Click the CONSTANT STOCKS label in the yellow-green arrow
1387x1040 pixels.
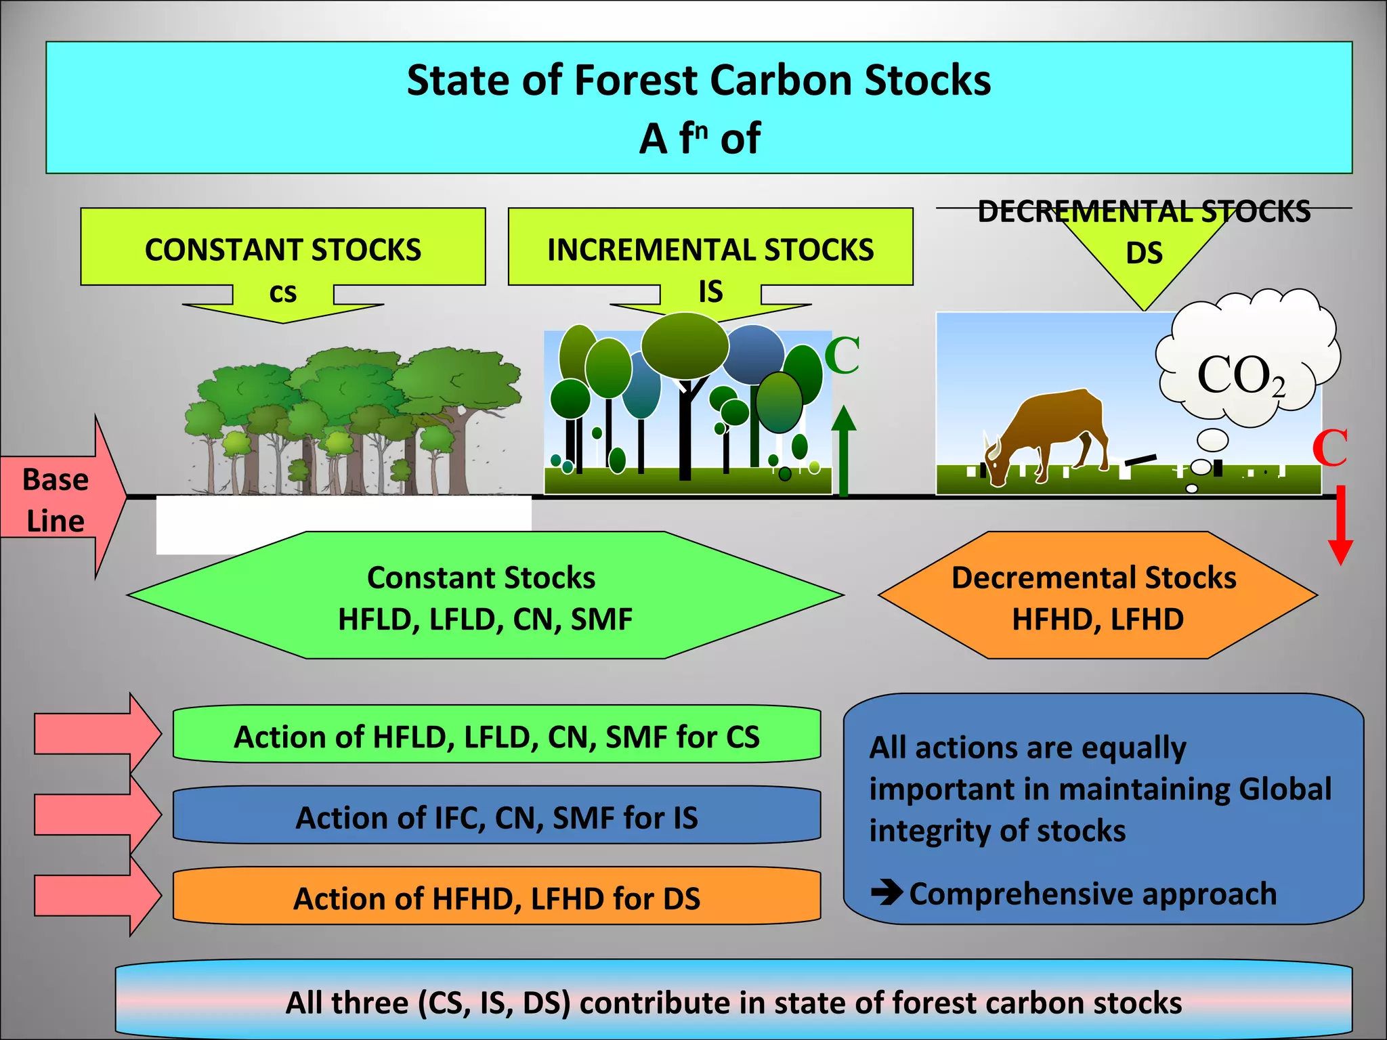pyautogui.click(x=282, y=250)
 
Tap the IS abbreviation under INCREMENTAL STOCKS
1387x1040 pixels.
pyautogui.click(x=710, y=292)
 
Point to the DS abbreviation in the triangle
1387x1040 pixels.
pyautogui.click(x=1144, y=253)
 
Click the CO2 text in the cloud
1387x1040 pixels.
pyautogui.click(x=1240, y=376)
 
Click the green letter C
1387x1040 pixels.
pyautogui.click(x=842, y=355)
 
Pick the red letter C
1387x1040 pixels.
pyautogui.click(x=1329, y=448)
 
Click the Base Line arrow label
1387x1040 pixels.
pyautogui.click(x=56, y=500)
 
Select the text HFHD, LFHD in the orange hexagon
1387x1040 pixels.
pyautogui.click(x=1097, y=620)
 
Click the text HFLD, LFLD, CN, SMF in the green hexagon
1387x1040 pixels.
pyautogui.click(x=485, y=620)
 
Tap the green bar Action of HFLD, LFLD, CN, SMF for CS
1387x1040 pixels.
pyautogui.click(x=496, y=736)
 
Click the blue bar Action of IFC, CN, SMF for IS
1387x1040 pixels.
pyautogui.click(x=496, y=817)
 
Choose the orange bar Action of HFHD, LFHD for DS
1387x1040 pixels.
pyautogui.click(x=496, y=898)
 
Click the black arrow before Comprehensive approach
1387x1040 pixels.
pyautogui.click(x=887, y=892)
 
